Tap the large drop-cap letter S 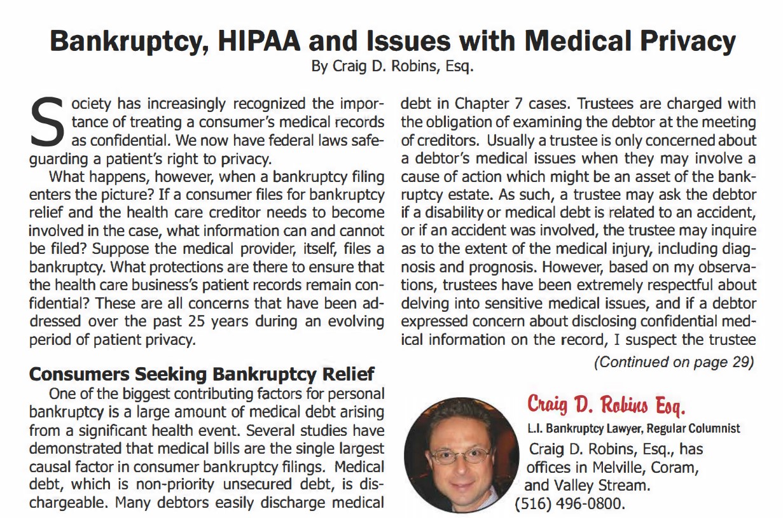(x=46, y=120)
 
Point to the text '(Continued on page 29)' (x=674, y=363)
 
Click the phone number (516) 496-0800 (x=570, y=506)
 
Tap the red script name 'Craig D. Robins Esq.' (x=610, y=405)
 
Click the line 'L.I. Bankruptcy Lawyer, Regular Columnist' (x=634, y=429)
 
